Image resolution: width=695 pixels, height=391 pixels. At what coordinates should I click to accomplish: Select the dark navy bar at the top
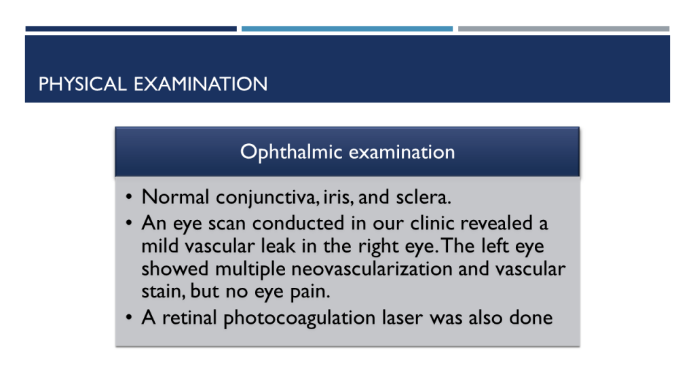(x=131, y=29)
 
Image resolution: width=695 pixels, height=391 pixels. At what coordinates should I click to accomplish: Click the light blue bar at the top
(x=347, y=29)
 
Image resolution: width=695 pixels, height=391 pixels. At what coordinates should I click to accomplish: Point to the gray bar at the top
(x=563, y=29)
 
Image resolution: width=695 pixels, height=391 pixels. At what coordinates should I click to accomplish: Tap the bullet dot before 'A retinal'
(x=130, y=318)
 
